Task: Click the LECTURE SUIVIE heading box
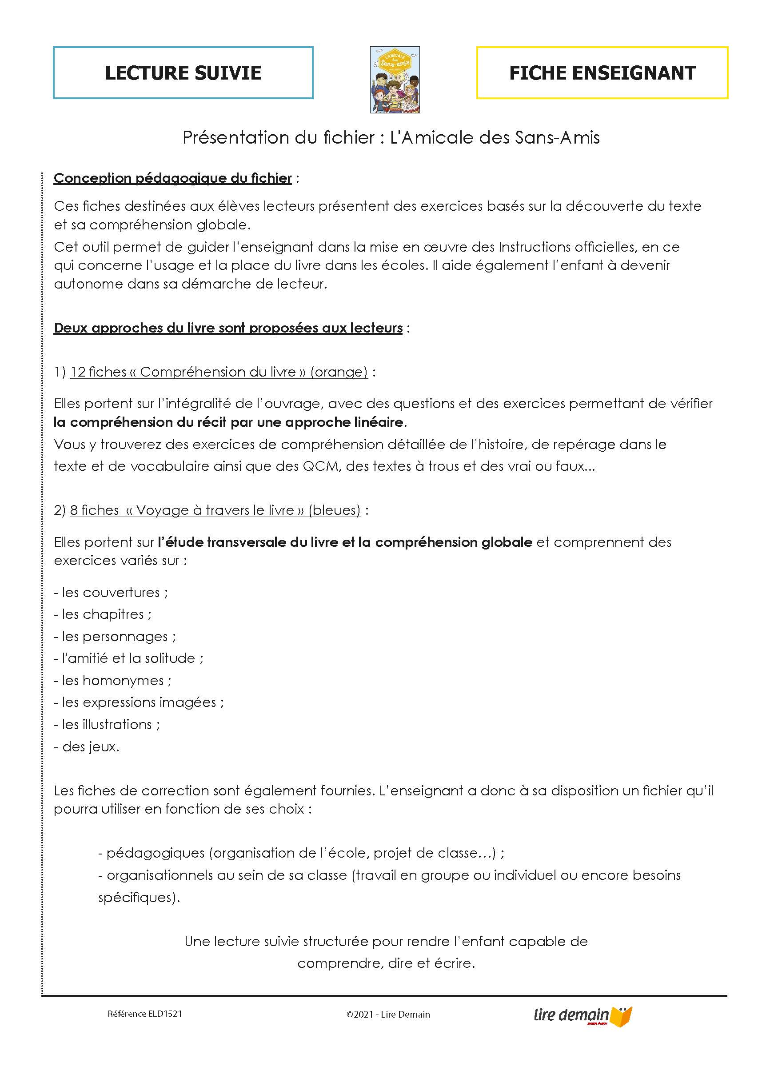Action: [183, 72]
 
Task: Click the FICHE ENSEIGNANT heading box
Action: [602, 72]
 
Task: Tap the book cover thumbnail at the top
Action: [395, 80]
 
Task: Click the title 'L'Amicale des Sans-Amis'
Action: [495, 137]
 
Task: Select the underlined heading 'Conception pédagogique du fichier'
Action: [172, 178]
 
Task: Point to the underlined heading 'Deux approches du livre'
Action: [228, 328]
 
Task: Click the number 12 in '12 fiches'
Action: [78, 372]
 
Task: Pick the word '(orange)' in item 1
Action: [339, 372]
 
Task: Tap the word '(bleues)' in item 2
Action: [335, 510]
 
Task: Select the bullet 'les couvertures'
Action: [111, 593]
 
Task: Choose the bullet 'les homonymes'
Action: [113, 681]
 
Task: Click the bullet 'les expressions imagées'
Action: [139, 702]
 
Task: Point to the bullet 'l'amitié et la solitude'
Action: [128, 658]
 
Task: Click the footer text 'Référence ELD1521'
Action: [144, 1014]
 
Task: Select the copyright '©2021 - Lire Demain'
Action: [388, 1015]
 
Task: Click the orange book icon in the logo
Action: [621, 1016]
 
